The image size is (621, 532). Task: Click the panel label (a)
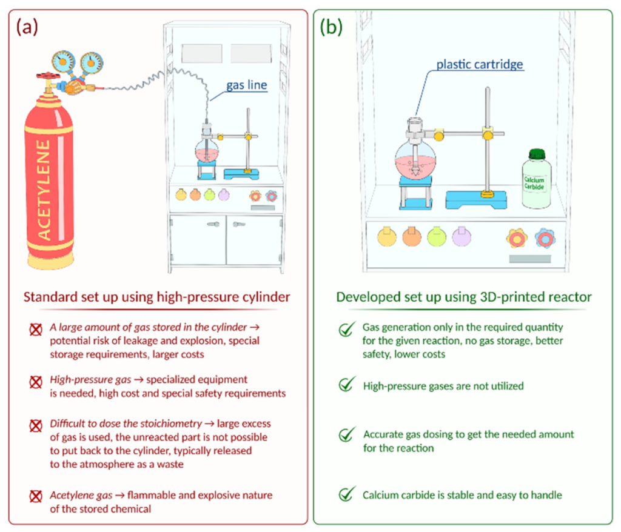[28, 27]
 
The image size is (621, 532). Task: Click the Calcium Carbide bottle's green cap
[534, 154]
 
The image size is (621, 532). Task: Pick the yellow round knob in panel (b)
[386, 236]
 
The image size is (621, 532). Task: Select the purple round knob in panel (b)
[462, 236]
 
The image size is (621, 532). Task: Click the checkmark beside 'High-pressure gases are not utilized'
[347, 385]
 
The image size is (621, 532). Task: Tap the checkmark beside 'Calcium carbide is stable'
[347, 494]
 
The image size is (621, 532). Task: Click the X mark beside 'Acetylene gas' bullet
[36, 496]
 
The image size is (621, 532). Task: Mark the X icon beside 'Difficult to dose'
[36, 424]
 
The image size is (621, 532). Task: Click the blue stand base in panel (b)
[476, 199]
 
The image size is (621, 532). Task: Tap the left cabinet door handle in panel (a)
[213, 224]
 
